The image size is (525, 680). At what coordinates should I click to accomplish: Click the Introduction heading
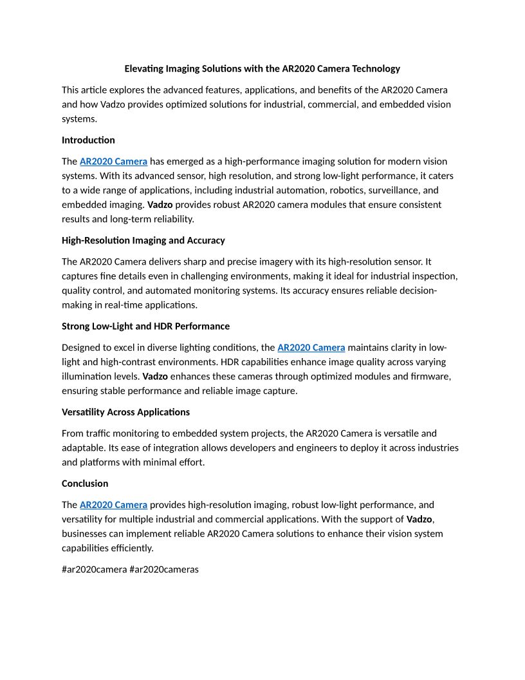(x=88, y=140)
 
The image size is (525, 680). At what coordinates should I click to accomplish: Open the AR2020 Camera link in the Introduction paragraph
(x=113, y=161)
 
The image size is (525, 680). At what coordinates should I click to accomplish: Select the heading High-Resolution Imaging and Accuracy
(x=143, y=240)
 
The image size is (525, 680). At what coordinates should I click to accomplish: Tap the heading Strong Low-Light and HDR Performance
(x=145, y=326)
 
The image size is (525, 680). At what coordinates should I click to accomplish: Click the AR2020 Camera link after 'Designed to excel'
(x=311, y=348)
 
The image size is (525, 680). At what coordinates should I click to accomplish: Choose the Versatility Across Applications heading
(x=125, y=411)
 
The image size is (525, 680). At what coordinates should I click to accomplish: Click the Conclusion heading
(x=85, y=483)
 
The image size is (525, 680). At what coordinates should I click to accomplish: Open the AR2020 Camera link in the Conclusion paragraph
(x=113, y=505)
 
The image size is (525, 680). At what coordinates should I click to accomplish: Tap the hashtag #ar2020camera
(x=94, y=569)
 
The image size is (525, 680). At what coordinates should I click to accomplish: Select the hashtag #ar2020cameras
(x=164, y=569)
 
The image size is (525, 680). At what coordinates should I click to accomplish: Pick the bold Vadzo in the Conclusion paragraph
(x=419, y=519)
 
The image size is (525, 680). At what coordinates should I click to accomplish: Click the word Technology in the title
(x=376, y=68)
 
